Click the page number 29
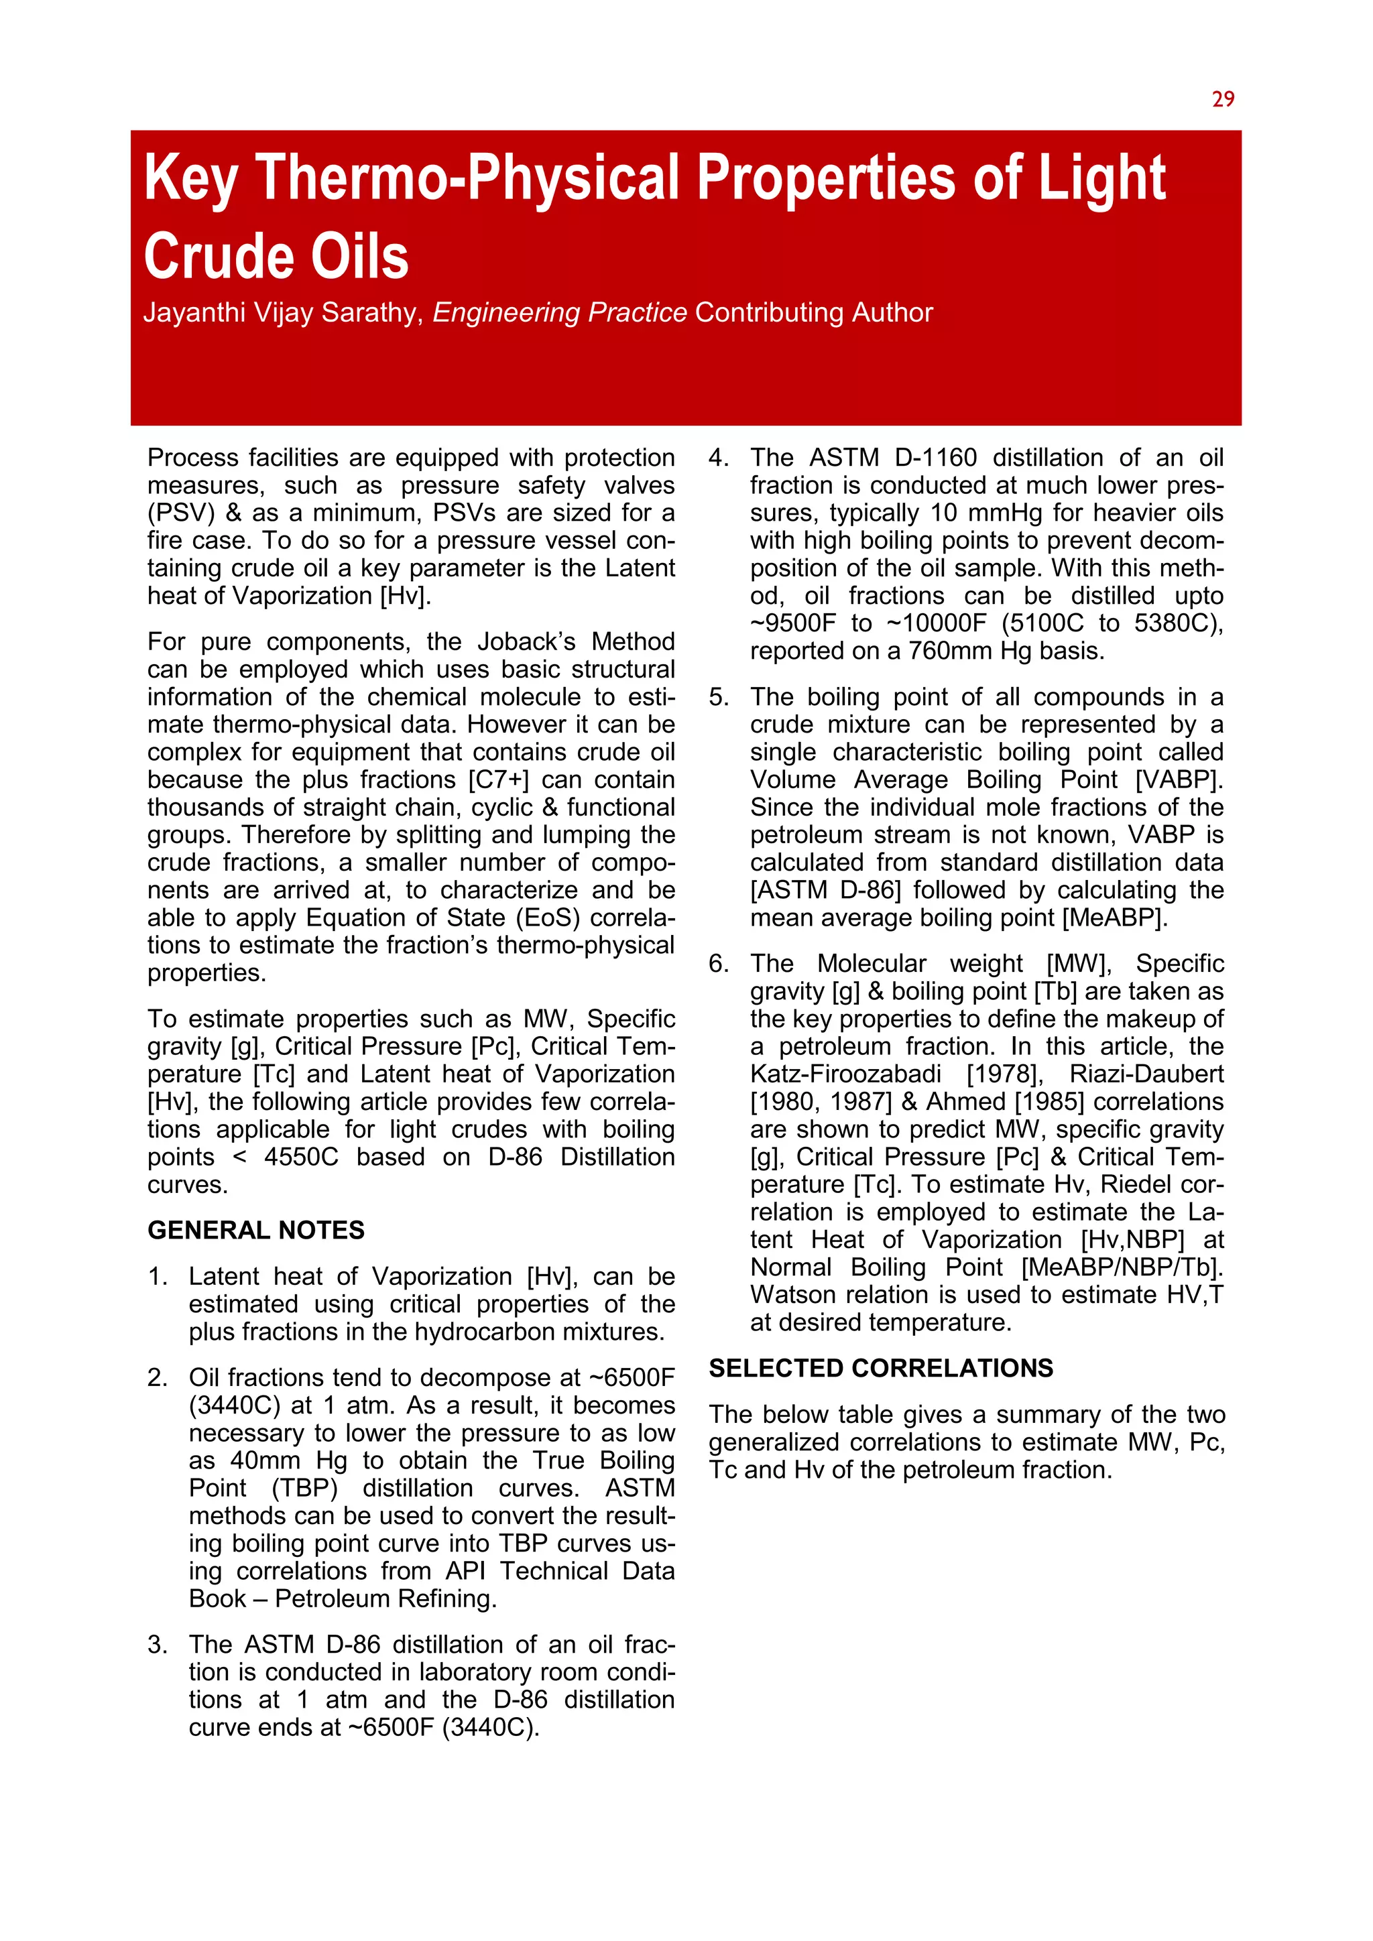pos(1223,100)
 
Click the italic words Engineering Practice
pos(559,313)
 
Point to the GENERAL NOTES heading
pos(255,1230)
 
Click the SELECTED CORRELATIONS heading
pos(880,1368)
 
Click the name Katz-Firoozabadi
pos(845,1074)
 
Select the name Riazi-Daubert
pos(1146,1074)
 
